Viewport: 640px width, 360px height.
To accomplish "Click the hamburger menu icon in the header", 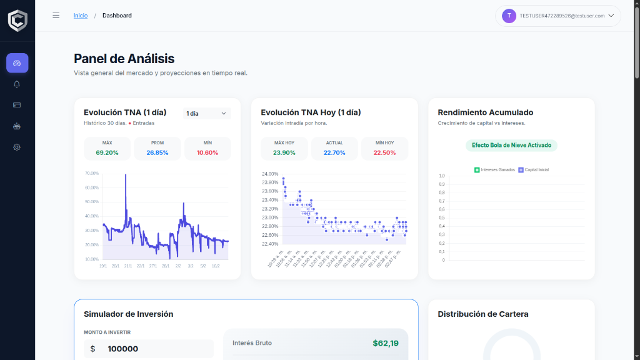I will tap(56, 16).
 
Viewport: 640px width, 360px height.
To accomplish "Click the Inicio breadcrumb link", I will tap(81, 16).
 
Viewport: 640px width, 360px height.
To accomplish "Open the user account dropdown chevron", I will tap(611, 16).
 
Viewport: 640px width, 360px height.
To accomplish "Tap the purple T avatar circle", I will tap(509, 16).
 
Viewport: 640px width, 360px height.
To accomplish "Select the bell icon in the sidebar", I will tap(17, 84).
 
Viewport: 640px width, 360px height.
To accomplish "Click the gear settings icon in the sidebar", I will tap(17, 147).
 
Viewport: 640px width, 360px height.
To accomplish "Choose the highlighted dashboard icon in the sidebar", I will tap(17, 63).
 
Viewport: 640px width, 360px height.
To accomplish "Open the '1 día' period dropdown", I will tap(207, 113).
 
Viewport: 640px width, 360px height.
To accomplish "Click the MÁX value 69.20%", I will tap(107, 152).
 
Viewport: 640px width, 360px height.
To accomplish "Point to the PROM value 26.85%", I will tap(157, 152).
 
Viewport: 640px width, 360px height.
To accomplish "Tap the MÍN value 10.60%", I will tap(207, 152).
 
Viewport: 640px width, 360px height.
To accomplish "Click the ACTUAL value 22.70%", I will tap(334, 152).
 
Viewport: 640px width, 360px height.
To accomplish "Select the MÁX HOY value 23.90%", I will tap(284, 152).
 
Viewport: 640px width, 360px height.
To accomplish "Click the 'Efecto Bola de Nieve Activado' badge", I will tap(511, 145).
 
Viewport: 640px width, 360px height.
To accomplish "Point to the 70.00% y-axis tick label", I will tap(92, 173).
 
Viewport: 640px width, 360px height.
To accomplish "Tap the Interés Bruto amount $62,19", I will tap(385, 343).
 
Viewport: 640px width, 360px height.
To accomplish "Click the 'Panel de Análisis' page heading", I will tap(124, 59).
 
